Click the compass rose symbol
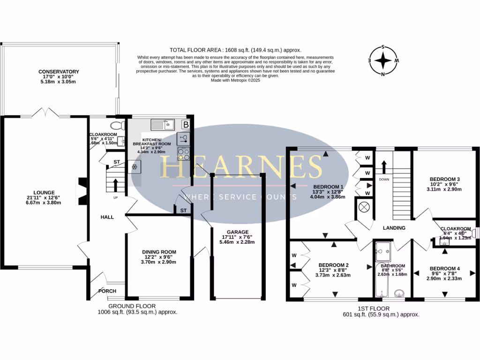pos(383,60)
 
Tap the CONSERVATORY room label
pos(59,72)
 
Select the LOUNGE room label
pos(47,192)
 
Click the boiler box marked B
pos(186,125)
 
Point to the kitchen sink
pos(163,125)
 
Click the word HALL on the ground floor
pos(108,217)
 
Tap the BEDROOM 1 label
pos(328,187)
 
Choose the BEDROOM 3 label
pos(445,179)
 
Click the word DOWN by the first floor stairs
pos(383,179)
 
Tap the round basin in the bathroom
pos(399,293)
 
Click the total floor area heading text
pos(235,50)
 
